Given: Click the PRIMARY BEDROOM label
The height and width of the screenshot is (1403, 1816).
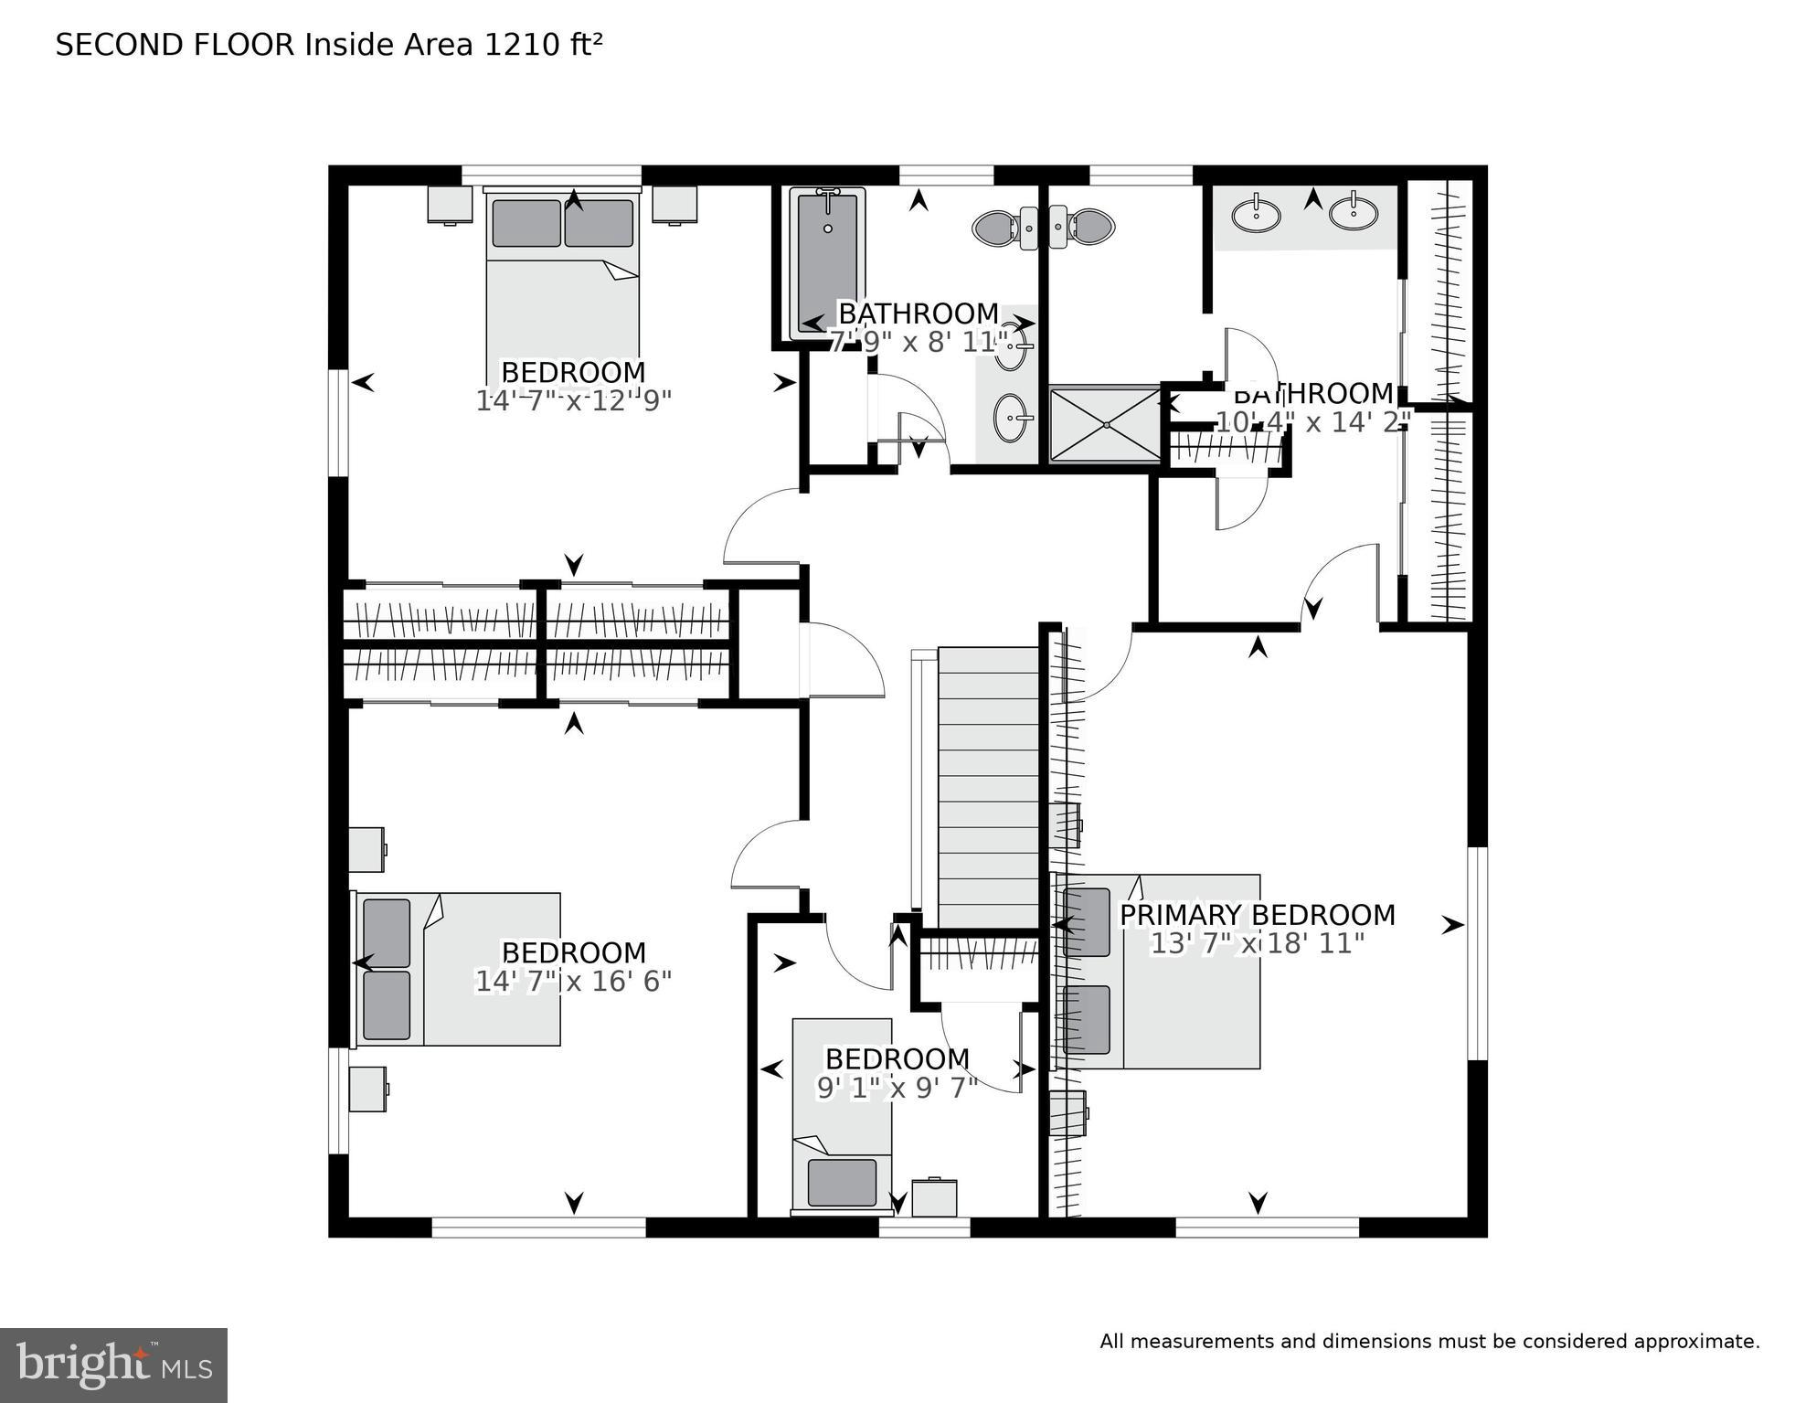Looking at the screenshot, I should click(1258, 915).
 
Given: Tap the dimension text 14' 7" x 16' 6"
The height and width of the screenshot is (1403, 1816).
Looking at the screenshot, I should click(574, 982).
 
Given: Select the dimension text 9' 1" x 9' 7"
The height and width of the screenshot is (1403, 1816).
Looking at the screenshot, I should click(897, 1088).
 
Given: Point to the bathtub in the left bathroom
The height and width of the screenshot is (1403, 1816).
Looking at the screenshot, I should click(828, 263).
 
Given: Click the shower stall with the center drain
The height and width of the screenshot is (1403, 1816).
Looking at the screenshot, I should click(1104, 425).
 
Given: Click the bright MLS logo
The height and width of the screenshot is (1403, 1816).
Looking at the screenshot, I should click(113, 1366).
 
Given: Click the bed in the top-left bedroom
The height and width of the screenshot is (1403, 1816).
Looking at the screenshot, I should click(562, 279).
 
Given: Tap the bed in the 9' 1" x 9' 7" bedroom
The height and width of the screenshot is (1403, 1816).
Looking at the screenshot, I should click(842, 1118).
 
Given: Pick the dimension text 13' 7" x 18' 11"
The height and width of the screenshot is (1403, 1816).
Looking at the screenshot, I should click(1258, 943).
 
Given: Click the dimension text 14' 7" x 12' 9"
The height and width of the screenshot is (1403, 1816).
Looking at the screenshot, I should click(574, 401).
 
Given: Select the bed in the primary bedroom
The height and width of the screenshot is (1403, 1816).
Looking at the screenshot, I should click(1159, 972).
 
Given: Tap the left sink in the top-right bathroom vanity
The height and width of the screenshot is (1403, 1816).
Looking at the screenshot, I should click(1256, 216).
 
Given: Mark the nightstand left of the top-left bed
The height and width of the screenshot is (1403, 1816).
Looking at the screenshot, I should click(450, 204).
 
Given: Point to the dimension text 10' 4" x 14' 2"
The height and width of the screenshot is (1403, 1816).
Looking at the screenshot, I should click(1313, 422).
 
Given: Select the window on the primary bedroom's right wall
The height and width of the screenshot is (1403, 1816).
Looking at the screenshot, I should click(1477, 953).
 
